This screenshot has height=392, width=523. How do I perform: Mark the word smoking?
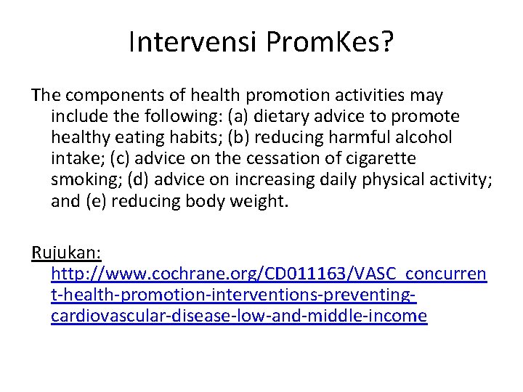pos(81,179)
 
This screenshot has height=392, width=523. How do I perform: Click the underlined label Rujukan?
pos(66,253)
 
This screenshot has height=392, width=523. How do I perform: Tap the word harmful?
pos(350,137)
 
